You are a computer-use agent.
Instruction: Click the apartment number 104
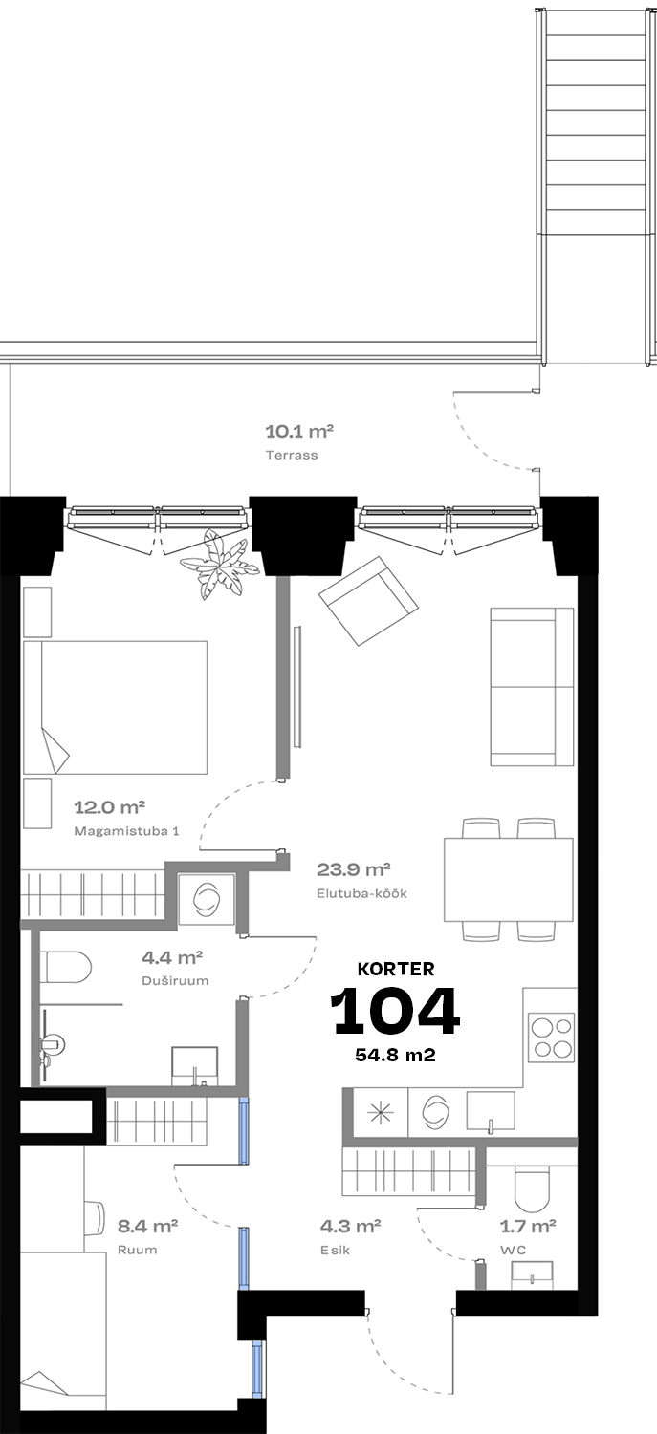[x=395, y=1011]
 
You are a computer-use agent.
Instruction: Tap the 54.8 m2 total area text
[x=396, y=1055]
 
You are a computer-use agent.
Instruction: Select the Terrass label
[x=292, y=455]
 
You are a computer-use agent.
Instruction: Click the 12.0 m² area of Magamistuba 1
[x=110, y=807]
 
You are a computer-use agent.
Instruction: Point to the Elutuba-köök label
[x=361, y=893]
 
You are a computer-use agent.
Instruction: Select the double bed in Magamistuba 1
[x=116, y=707]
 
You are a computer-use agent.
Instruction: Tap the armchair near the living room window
[x=369, y=601]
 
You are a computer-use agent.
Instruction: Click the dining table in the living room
[x=509, y=880]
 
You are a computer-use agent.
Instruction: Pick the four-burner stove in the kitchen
[x=552, y=1038]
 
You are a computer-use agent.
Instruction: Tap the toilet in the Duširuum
[x=66, y=967]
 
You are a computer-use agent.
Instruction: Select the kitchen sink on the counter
[x=491, y=1111]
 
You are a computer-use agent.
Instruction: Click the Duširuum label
[x=175, y=981]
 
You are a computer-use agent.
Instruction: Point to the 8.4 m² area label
[x=147, y=1226]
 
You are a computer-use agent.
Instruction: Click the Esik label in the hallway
[x=336, y=1250]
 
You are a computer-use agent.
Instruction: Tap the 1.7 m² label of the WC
[x=528, y=1226]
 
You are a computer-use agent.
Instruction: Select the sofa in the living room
[x=532, y=686]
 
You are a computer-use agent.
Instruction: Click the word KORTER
[x=396, y=970]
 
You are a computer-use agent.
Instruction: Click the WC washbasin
[x=532, y=1275]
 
